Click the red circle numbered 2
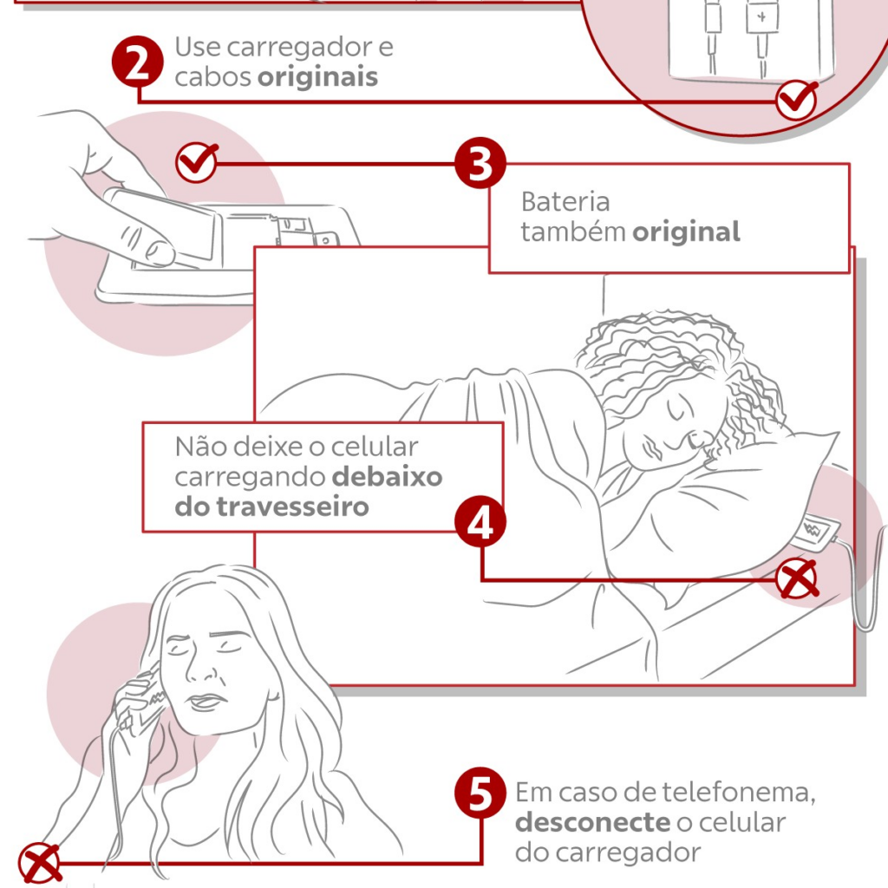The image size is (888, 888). pyautogui.click(x=138, y=62)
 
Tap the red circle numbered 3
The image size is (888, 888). pyautogui.click(x=480, y=164)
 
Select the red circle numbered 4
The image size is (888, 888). pyautogui.click(x=480, y=521)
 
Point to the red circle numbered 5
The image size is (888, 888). pyautogui.click(x=480, y=793)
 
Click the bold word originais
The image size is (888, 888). pyautogui.click(x=317, y=77)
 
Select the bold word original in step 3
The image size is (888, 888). pyautogui.click(x=686, y=232)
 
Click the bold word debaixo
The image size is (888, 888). pyautogui.click(x=387, y=477)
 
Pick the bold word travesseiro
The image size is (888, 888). pyautogui.click(x=292, y=506)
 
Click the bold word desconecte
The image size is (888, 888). pyautogui.click(x=592, y=822)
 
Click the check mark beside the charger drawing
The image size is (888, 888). pyautogui.click(x=797, y=100)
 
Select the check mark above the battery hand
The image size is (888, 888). pyautogui.click(x=197, y=161)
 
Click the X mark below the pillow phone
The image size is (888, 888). pyautogui.click(x=797, y=578)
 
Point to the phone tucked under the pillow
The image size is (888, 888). pyautogui.click(x=815, y=533)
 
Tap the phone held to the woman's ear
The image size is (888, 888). pyautogui.click(x=140, y=703)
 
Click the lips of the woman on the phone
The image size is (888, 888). pyautogui.click(x=205, y=702)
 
